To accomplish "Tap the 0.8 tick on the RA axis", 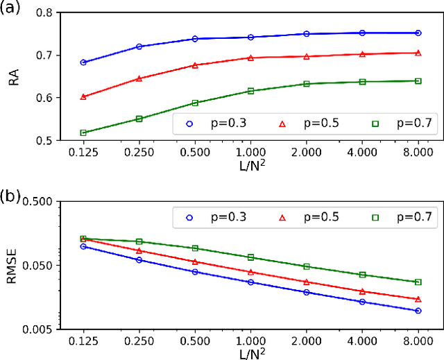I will (x=44, y=13).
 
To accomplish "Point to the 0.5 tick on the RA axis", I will (x=44, y=140).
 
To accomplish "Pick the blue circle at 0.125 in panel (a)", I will (x=83, y=62).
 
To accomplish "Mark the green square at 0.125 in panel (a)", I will (x=83, y=132).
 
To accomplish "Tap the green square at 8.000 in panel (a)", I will (x=418, y=81).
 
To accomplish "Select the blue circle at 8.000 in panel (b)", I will (x=418, y=311).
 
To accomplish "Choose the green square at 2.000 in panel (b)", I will (x=307, y=266).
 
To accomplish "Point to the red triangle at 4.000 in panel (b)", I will (x=362, y=291).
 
